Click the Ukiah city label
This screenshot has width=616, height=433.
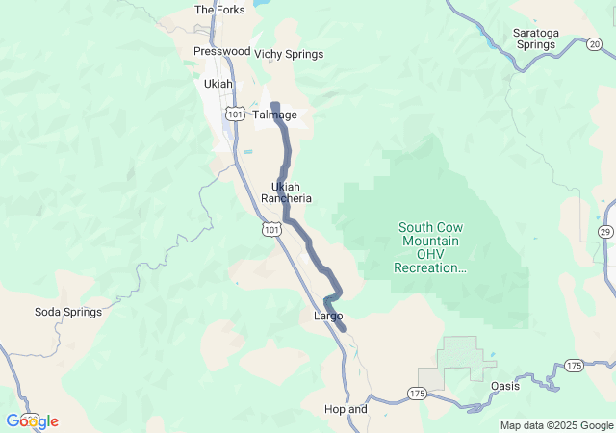click(x=218, y=84)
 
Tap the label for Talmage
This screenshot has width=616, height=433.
click(x=275, y=115)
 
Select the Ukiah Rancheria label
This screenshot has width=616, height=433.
click(x=292, y=192)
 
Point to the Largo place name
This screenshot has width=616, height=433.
click(x=328, y=316)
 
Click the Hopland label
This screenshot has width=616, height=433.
click(x=346, y=409)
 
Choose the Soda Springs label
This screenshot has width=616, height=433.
click(x=68, y=312)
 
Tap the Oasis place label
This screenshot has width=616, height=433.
click(x=505, y=386)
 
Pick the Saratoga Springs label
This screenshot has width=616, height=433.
click(x=535, y=38)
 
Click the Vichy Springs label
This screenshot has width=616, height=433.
click(x=289, y=54)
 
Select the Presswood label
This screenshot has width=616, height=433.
click(x=221, y=51)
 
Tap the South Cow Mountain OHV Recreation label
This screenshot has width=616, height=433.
click(x=429, y=247)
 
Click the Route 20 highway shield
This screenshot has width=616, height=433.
click(x=595, y=43)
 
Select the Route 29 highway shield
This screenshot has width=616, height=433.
click(x=605, y=232)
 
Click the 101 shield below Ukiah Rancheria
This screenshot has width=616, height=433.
click(x=272, y=229)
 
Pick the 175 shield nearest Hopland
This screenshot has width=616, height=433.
click(x=416, y=394)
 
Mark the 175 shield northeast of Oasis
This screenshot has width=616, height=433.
click(x=575, y=365)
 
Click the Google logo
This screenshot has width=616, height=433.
click(x=32, y=421)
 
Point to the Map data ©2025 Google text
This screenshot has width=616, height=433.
click(x=556, y=425)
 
